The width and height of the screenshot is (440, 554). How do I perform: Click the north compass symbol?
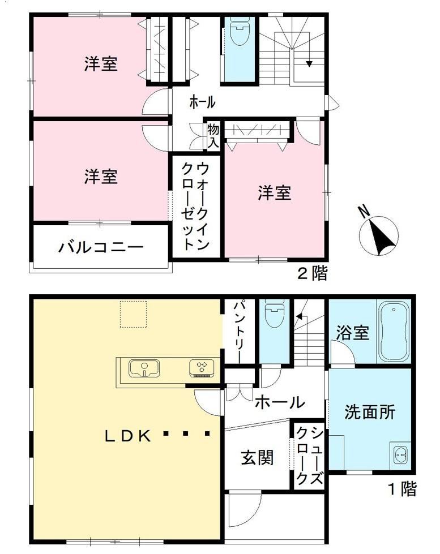[378, 233]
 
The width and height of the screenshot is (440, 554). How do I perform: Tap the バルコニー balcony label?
[101, 247]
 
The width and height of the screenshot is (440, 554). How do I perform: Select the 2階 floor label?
[313, 273]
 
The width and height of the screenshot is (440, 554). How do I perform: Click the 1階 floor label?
[402, 489]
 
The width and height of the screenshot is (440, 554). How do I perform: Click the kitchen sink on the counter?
[144, 368]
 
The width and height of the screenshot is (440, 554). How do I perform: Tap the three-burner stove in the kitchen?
[201, 368]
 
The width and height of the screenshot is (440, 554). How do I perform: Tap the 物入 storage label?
[213, 136]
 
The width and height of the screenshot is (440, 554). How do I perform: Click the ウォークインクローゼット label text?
[195, 207]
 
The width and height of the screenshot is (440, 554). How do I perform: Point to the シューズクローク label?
[309, 455]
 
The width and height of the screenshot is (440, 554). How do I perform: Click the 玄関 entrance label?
[257, 458]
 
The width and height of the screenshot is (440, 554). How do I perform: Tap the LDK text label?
[128, 436]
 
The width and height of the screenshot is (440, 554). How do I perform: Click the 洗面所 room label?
[370, 411]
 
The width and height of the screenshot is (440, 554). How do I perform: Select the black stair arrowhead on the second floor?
[310, 64]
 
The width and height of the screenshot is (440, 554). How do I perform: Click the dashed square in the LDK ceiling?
[133, 314]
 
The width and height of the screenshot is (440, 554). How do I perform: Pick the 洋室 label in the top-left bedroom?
[101, 64]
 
